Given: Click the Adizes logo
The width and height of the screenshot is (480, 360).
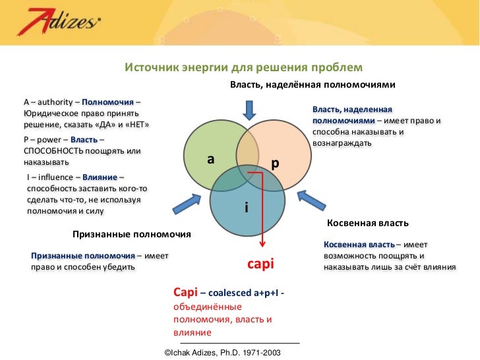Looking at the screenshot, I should coord(59,25).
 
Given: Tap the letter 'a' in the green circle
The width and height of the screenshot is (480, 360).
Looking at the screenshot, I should coord(210,159).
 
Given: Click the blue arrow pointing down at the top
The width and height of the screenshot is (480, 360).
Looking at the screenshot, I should coord(251,108).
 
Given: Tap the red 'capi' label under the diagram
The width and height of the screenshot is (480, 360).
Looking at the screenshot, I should coord(260,264).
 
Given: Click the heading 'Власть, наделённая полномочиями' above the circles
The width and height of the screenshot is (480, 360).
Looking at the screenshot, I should coord(312,85).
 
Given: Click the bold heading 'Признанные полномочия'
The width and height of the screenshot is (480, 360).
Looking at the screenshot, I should coord(131,234).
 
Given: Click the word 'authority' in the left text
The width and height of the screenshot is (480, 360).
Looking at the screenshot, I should coord(53,102).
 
